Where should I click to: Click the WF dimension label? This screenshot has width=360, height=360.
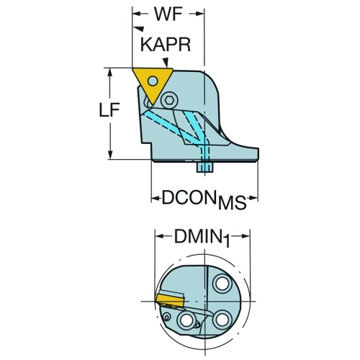pyautogui.click(x=168, y=14)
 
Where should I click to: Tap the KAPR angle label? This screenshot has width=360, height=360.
pyautogui.click(x=166, y=45)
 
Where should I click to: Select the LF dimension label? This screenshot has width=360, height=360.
pyautogui.click(x=109, y=110)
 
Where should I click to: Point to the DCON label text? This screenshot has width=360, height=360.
pyautogui.click(x=189, y=197)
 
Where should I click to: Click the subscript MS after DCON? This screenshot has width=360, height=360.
pyautogui.click(x=232, y=203)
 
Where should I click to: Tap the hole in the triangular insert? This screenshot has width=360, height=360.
pyautogui.click(x=153, y=81)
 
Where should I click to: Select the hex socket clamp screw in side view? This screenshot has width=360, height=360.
pyautogui.click(x=170, y=100)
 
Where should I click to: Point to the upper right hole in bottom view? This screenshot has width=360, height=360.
pyautogui.click(x=222, y=283)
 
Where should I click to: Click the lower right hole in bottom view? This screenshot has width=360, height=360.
pyautogui.click(x=222, y=319)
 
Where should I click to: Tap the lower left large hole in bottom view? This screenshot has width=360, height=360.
pyautogui.click(x=186, y=320)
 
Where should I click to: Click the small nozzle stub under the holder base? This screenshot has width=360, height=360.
pyautogui.click(x=204, y=167)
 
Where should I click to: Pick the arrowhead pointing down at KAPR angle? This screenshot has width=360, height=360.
pyautogui.click(x=166, y=62)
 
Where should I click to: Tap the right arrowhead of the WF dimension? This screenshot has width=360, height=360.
pyautogui.click(x=199, y=14)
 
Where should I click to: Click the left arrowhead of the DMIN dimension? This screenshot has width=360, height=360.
pyautogui.click(x=160, y=236)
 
